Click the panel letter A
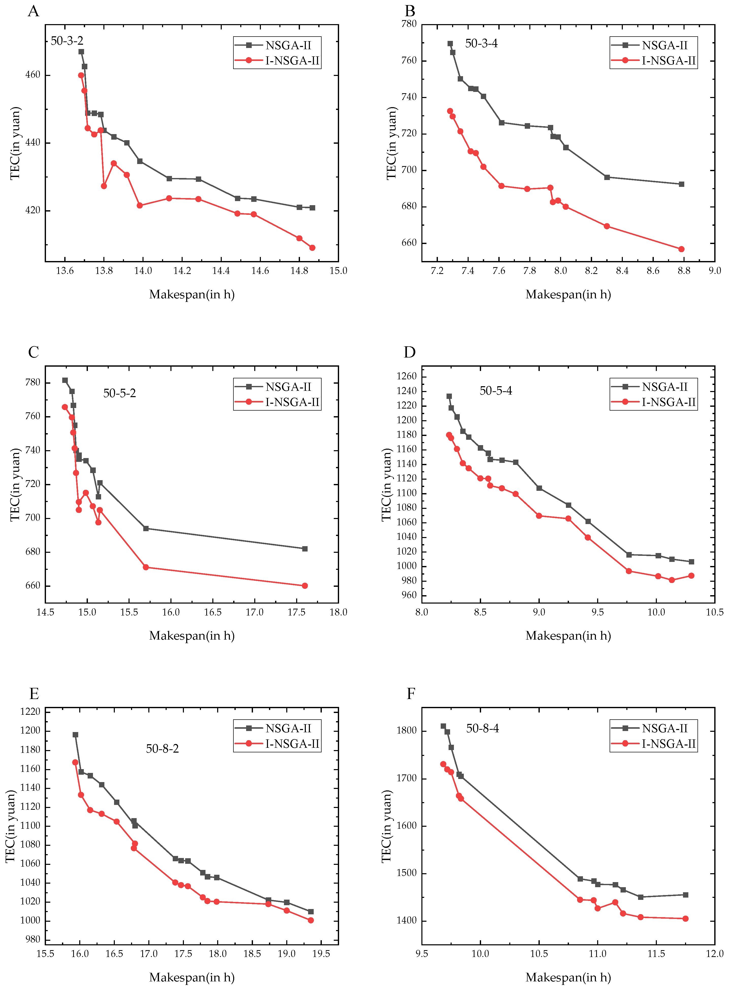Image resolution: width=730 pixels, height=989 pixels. (34, 11)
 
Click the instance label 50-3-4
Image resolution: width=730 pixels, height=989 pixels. (481, 43)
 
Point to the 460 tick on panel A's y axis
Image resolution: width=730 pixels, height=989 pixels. (33, 75)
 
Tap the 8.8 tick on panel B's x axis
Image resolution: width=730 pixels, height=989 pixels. (684, 271)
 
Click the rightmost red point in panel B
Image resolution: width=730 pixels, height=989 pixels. (681, 249)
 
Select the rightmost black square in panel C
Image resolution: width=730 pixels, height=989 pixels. (305, 549)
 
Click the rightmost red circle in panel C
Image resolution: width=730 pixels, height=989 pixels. (305, 586)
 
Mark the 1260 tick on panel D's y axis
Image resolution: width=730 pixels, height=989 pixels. (407, 376)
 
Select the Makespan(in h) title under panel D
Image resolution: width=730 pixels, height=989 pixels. (568, 636)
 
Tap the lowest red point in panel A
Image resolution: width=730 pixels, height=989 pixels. (312, 248)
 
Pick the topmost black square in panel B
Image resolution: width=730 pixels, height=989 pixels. (450, 44)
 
